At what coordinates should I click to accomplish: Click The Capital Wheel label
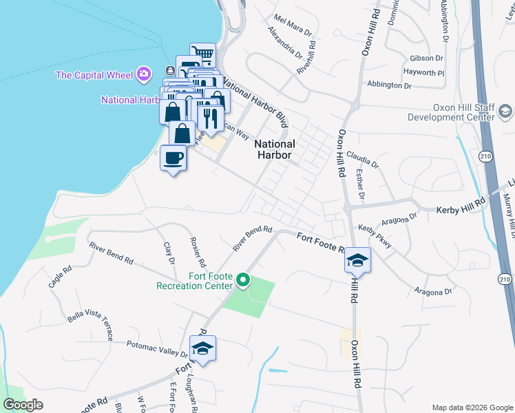[x=95, y=74]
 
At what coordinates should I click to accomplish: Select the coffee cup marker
[x=173, y=159]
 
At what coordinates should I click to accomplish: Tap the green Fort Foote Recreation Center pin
[x=242, y=280]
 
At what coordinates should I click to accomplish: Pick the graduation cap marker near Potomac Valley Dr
[x=202, y=349]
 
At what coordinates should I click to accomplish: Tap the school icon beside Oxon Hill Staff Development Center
[x=505, y=112]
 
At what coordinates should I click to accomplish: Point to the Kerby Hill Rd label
[x=461, y=207]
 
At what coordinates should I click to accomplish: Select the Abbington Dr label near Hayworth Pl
[x=389, y=85]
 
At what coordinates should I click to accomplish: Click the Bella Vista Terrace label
[x=90, y=326]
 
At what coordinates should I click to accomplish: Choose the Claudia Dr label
[x=363, y=160]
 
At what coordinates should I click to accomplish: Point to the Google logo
[x=23, y=405]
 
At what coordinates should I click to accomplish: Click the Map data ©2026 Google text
[x=472, y=407]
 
